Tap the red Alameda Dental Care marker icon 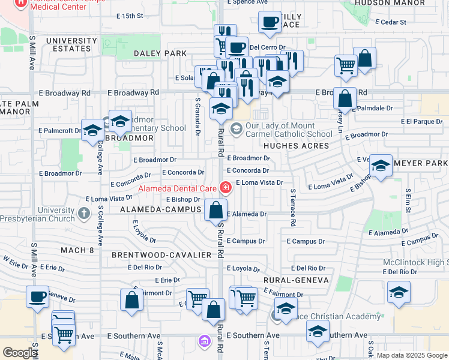pos(226,188)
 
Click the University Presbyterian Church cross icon pos(85,212)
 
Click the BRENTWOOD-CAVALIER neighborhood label pos(161,255)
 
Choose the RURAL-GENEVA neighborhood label pos(297,280)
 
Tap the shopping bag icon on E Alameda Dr pos(215,210)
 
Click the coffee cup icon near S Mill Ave pos(38,296)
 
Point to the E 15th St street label pos(133,16)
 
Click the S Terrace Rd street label pos(293,208)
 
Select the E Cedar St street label pos(391,22)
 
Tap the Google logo pos(20,353)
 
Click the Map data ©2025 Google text pos(411,355)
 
